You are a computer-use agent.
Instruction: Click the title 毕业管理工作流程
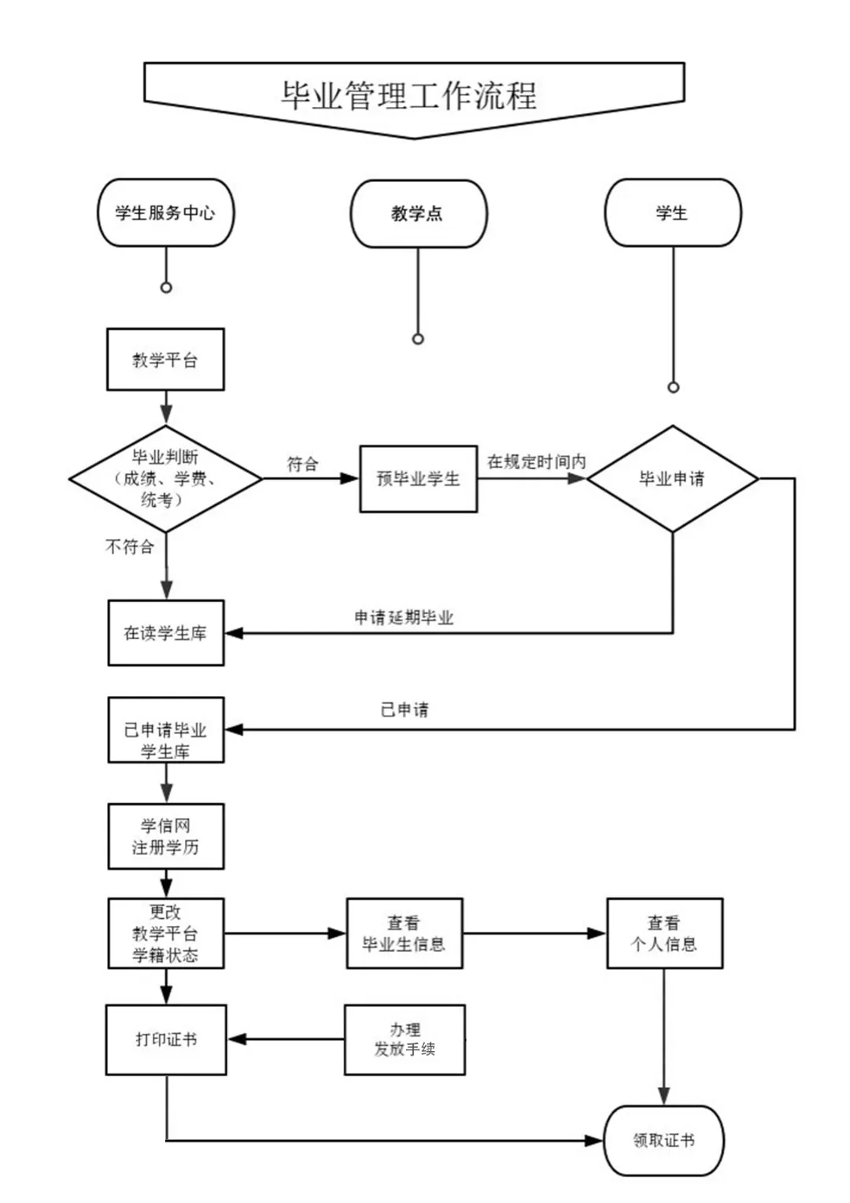(410, 96)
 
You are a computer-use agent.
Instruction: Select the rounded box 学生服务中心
(165, 213)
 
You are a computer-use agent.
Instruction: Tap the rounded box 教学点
(418, 213)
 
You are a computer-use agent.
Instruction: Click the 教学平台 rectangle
(165, 360)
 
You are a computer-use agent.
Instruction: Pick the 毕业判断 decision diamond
(165, 478)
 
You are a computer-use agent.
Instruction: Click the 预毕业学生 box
(418, 479)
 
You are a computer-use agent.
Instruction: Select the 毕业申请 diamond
(672, 479)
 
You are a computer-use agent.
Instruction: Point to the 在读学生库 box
(165, 633)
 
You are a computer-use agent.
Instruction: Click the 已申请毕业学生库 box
(165, 730)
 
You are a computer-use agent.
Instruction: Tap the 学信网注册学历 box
(165, 836)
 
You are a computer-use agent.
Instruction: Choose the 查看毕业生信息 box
(404, 933)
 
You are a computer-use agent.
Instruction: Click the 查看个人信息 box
(663, 933)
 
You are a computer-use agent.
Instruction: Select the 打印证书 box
(165, 1039)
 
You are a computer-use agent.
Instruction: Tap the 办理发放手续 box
(404, 1039)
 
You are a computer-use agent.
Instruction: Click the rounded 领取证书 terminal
(663, 1140)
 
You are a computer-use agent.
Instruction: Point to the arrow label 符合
(302, 465)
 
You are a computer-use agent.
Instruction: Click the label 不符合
(130, 546)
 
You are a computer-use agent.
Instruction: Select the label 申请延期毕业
(404, 618)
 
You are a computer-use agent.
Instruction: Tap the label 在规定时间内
(536, 462)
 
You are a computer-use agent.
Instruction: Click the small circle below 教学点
(418, 339)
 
